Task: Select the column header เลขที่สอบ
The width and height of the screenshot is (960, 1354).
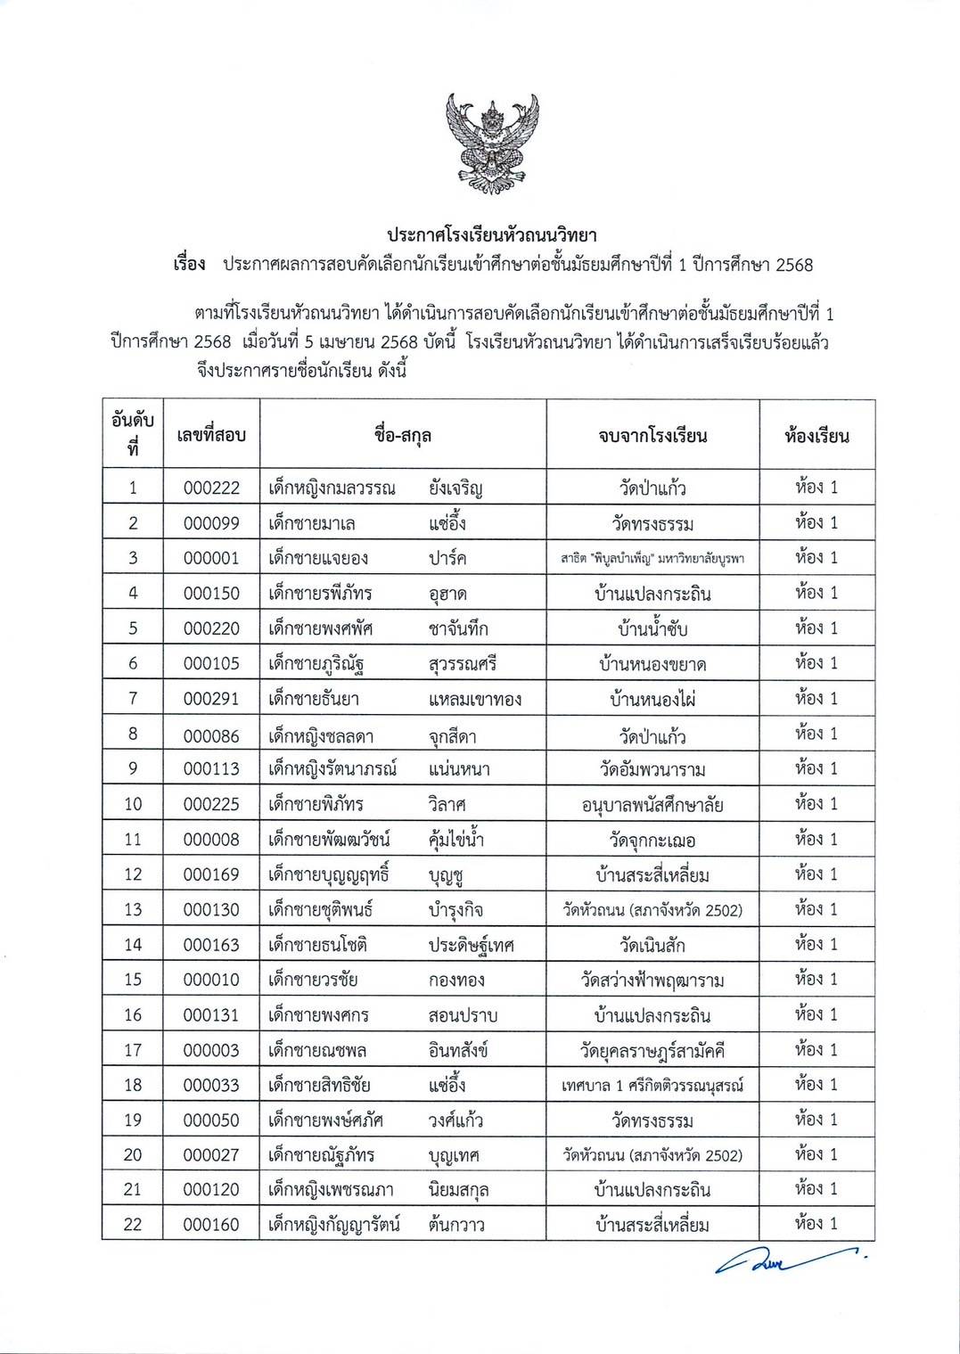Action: pos(211,436)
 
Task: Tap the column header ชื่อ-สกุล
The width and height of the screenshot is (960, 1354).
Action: pos(403,436)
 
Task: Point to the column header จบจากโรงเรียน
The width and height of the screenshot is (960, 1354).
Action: pos(652,436)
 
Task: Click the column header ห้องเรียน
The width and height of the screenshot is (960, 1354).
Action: pos(816,436)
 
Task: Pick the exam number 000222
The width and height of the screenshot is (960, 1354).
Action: pos(211,488)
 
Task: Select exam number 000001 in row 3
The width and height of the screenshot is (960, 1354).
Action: pos(211,558)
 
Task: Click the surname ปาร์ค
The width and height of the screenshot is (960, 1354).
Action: pos(447,558)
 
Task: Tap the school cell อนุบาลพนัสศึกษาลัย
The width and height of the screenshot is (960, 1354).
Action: pos(652,805)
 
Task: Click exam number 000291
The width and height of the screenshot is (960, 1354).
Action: pos(211,699)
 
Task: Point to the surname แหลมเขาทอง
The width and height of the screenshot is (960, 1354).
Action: pos(474,699)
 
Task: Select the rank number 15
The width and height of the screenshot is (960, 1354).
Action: pos(133,980)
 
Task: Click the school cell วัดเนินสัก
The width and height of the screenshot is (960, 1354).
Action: pos(652,945)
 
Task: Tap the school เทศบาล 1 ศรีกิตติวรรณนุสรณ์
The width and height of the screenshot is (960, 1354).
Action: pos(652,1085)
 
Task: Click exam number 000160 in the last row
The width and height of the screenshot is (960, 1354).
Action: pos(211,1225)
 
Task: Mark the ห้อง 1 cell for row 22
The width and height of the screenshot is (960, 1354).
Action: pos(816,1224)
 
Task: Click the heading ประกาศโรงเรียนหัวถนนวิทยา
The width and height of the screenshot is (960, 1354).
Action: pos(491,236)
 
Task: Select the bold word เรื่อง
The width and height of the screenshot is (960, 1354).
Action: pos(189,265)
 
